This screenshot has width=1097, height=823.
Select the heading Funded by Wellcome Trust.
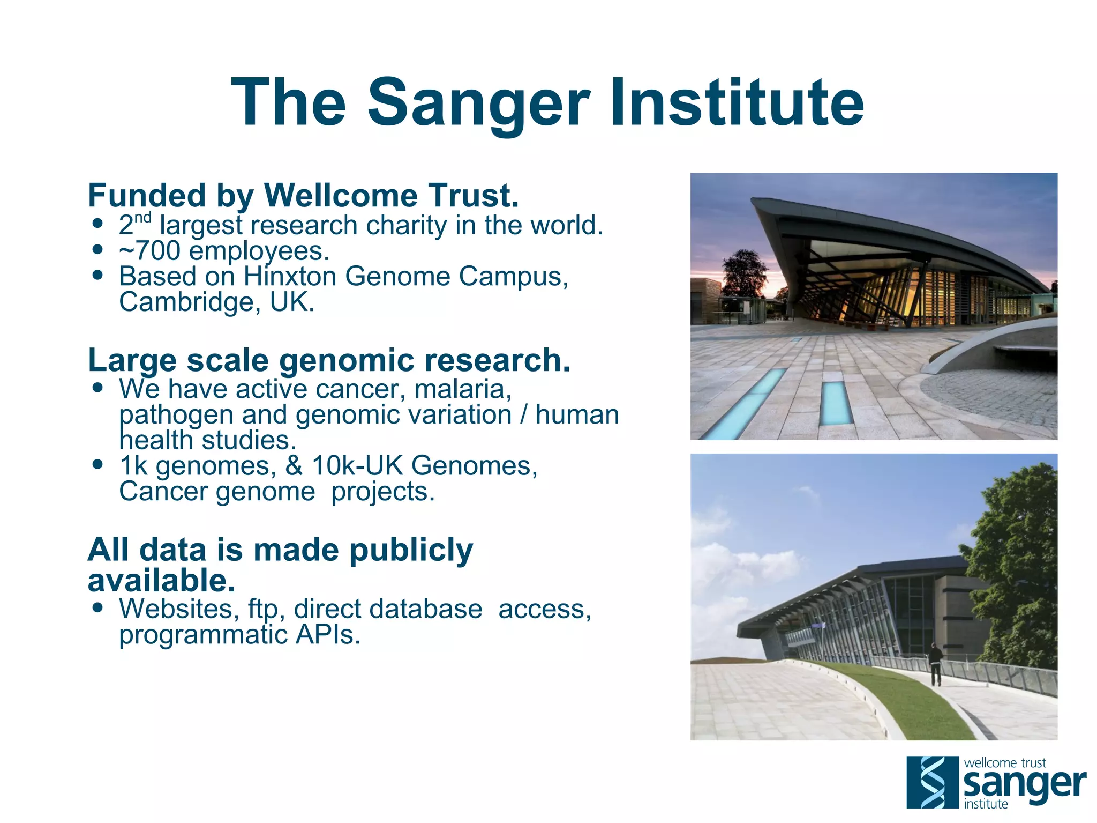click(x=303, y=195)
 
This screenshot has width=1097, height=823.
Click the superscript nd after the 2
click(x=143, y=218)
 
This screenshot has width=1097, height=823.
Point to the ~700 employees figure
click(x=224, y=251)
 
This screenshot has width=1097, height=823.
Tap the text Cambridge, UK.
click(x=216, y=302)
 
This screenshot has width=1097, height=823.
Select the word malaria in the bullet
click(x=462, y=389)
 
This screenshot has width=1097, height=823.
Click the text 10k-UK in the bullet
click(x=357, y=465)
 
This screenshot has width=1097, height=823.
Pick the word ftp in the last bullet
click(x=263, y=610)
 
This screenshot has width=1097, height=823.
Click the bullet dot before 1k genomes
click(x=97, y=464)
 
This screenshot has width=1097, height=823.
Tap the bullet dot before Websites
click(x=97, y=608)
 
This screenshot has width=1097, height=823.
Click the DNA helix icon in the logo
click(x=932, y=782)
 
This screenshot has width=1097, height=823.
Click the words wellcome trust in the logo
click(x=1004, y=762)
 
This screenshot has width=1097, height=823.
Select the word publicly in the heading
click(x=411, y=550)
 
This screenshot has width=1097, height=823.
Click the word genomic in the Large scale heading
click(x=347, y=360)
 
